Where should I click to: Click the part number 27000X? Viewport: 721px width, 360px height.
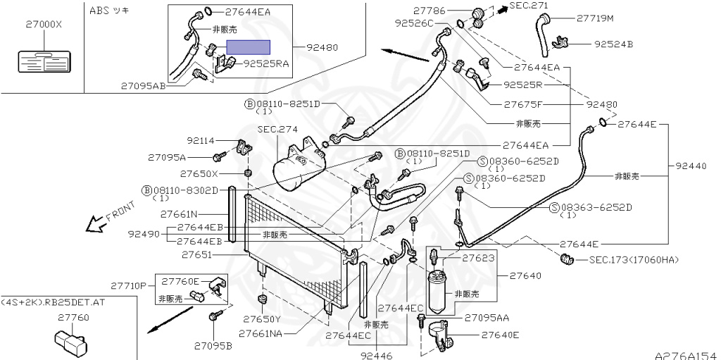coord(44,24)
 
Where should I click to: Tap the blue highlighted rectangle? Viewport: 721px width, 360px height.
coord(247,48)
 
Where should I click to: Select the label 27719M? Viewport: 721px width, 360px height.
coord(595,18)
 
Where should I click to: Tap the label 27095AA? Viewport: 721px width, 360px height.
coord(487,318)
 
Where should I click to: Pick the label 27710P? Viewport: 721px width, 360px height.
coord(128,285)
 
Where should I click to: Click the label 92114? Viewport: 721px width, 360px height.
coord(201,141)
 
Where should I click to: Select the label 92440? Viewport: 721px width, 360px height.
coord(690,166)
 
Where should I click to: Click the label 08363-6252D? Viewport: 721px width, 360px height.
coord(596,207)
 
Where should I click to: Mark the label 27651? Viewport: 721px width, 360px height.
coord(197,254)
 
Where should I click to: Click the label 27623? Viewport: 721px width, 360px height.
coord(478,259)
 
